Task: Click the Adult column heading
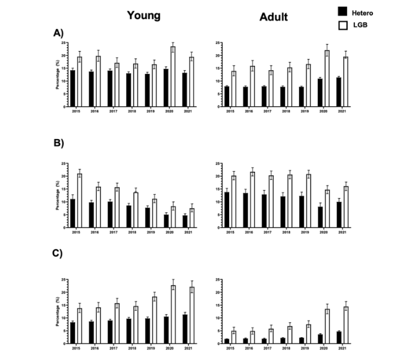(x=273, y=17)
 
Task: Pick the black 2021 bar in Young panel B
(x=184, y=221)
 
